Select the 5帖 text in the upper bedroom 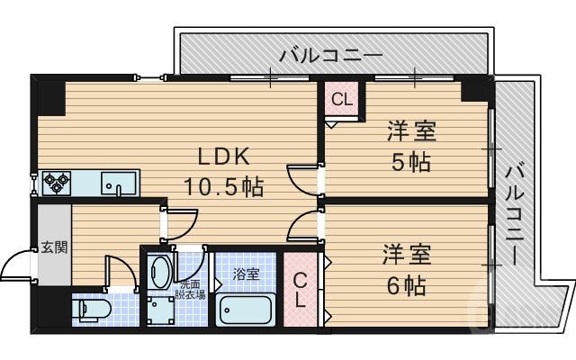click(411, 163)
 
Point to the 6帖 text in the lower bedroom click(411, 285)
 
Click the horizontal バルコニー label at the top click(331, 55)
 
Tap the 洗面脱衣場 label click(190, 289)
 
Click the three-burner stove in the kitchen click(57, 183)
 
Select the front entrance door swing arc click(16, 265)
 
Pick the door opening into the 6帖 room click(303, 227)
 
